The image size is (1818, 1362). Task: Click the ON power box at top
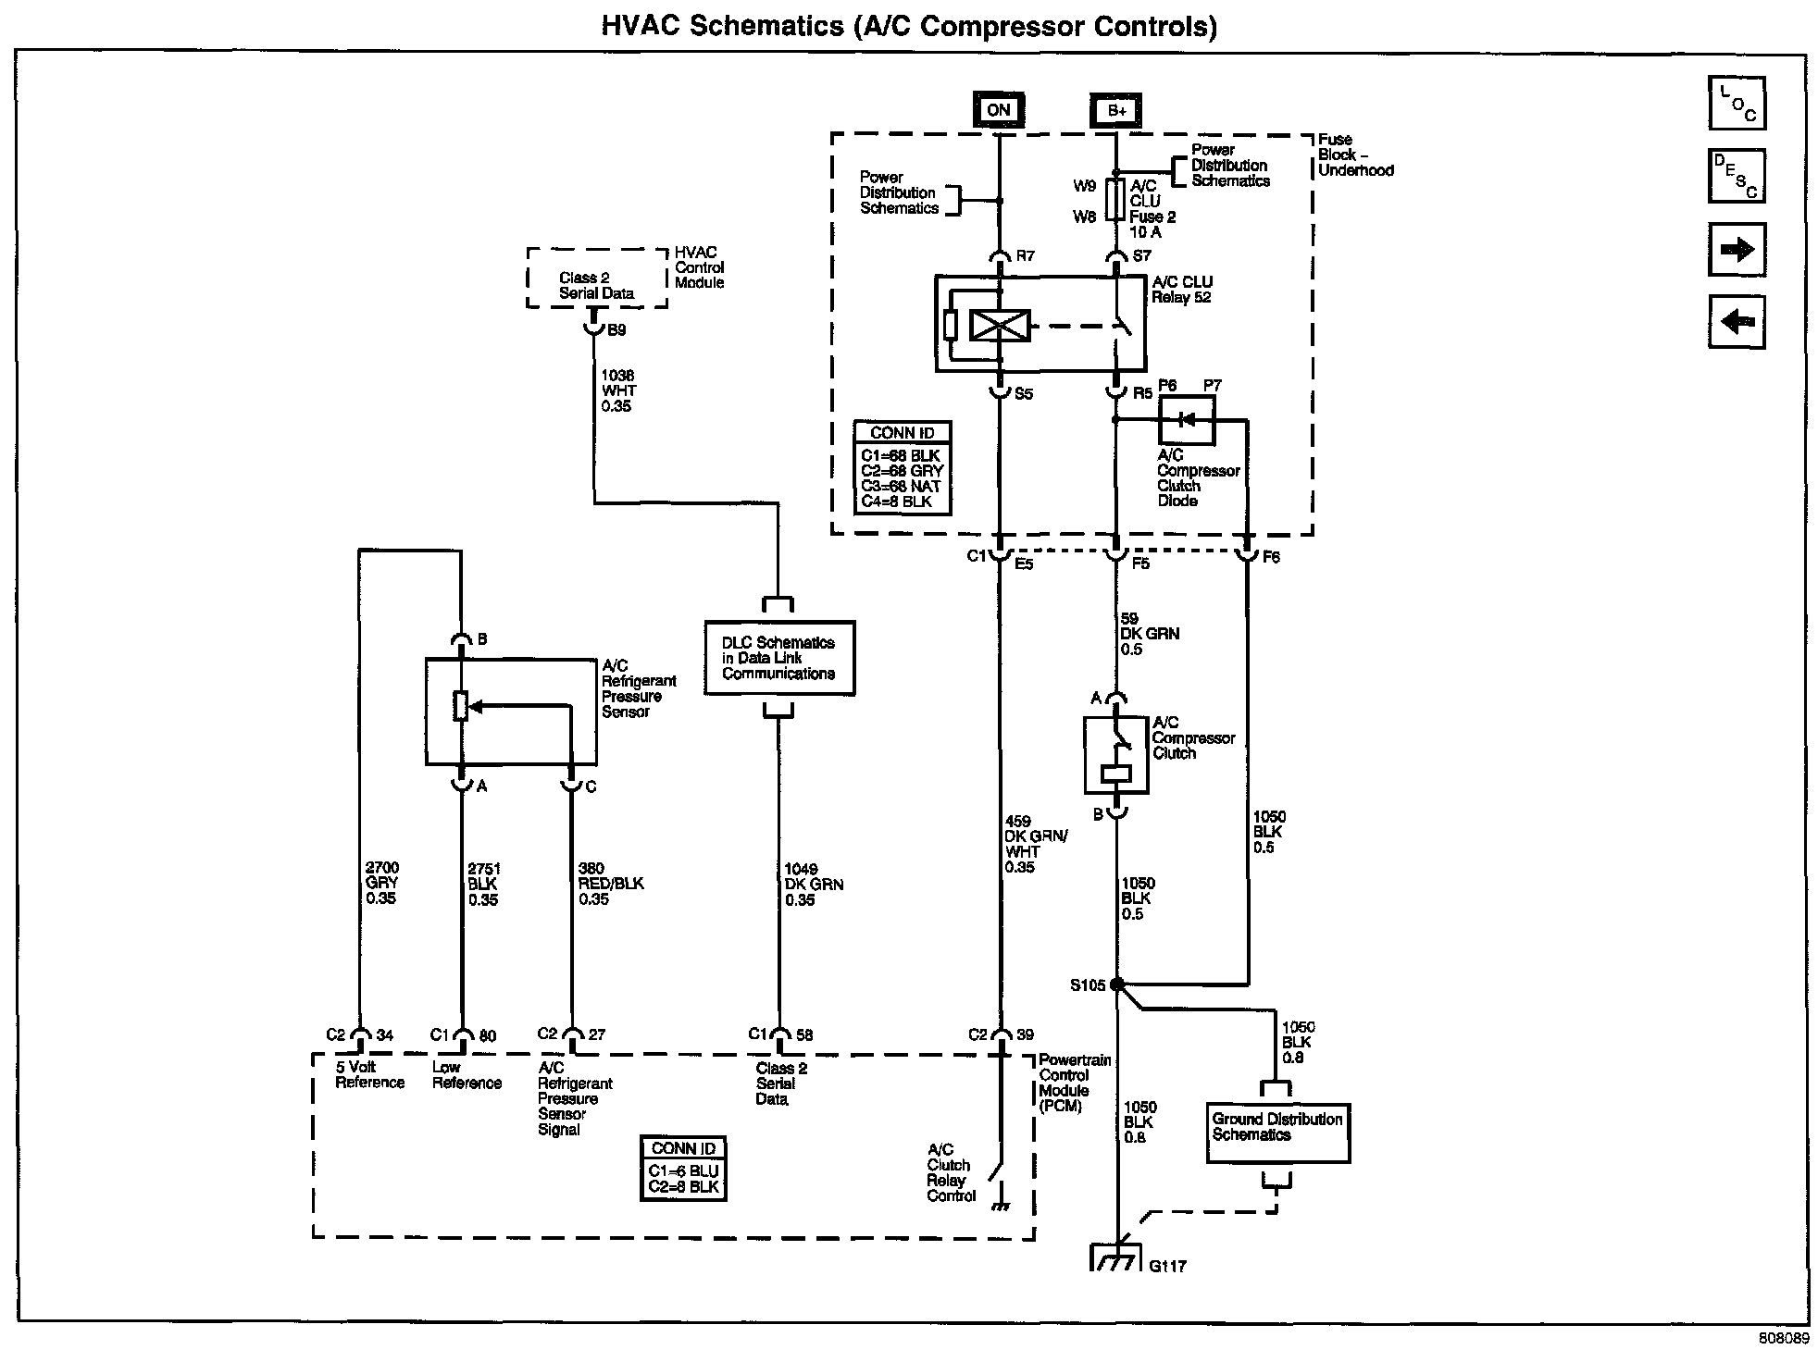[998, 110]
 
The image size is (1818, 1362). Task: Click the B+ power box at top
[1116, 110]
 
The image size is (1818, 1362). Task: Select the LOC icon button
[1737, 103]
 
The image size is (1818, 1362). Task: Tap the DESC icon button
[1737, 176]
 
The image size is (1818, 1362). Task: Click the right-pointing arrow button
[1737, 249]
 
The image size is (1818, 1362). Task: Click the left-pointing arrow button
[1737, 321]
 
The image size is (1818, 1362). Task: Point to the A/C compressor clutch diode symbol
[1186, 420]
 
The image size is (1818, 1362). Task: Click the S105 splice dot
[1117, 984]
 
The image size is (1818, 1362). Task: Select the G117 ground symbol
[1116, 1257]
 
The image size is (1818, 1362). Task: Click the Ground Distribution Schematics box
[1278, 1133]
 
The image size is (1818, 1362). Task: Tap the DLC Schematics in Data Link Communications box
[779, 658]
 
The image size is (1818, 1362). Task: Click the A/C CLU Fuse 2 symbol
[1116, 200]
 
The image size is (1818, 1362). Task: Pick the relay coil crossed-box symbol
[999, 327]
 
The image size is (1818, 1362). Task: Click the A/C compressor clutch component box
[1116, 755]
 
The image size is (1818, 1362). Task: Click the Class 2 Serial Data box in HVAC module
[597, 278]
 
